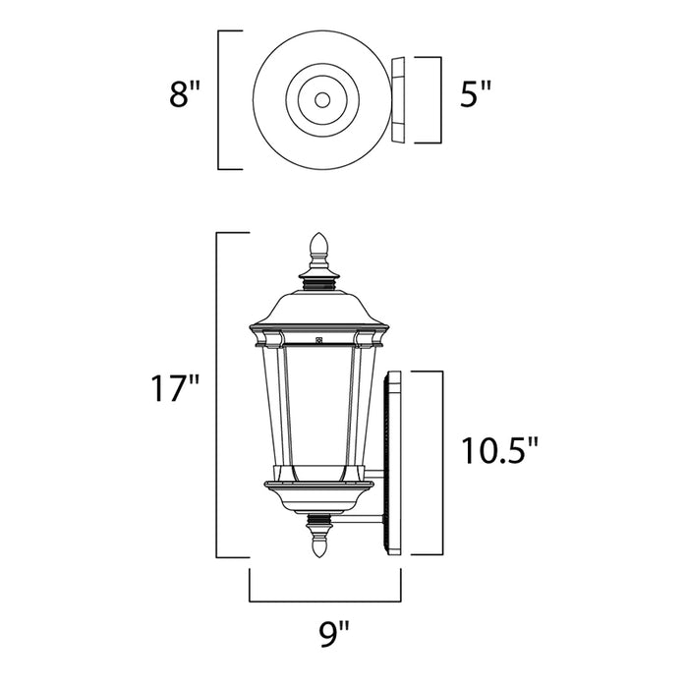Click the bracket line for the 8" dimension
[x=219, y=99]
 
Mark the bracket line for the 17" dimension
[x=217, y=393]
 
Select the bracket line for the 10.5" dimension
[x=434, y=462]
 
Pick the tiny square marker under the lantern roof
[x=318, y=341]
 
